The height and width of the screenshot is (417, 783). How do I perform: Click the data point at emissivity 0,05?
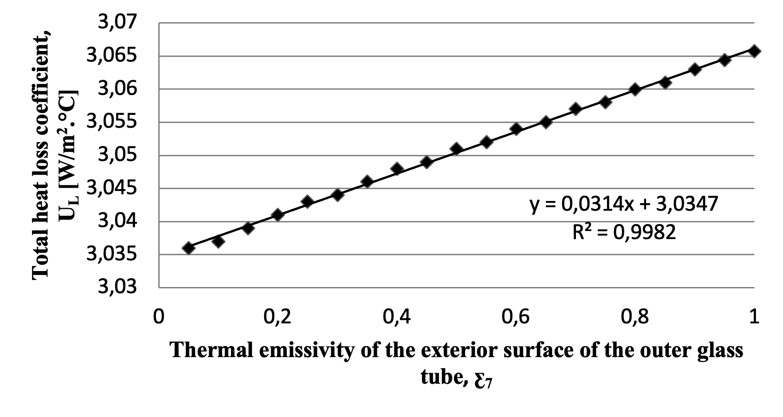tap(188, 248)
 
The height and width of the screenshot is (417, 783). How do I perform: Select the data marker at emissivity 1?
tap(754, 51)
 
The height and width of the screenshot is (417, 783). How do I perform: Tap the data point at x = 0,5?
tap(456, 149)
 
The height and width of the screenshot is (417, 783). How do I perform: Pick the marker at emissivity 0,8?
tap(635, 89)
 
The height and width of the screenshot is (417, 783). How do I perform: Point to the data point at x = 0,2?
tap(278, 215)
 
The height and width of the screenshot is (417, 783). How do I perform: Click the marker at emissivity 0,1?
tap(218, 241)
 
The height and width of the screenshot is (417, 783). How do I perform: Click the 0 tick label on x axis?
tap(158, 317)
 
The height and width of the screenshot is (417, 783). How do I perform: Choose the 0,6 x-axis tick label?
tap(516, 317)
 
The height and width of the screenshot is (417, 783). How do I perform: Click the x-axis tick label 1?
tap(754, 317)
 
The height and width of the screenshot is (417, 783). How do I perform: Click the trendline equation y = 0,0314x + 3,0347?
tap(623, 205)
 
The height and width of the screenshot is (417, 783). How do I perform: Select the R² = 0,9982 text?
tap(624, 232)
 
